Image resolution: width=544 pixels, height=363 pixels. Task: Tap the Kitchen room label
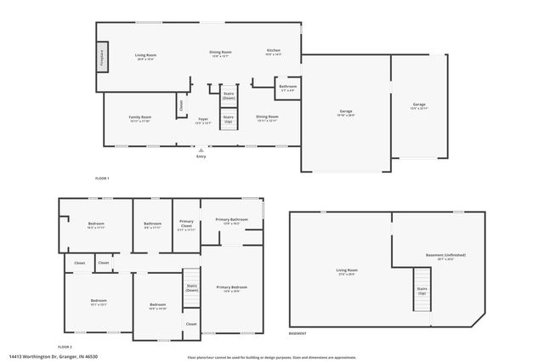273,52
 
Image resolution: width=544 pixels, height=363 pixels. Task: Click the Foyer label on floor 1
203,121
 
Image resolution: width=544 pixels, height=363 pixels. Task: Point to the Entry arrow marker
201,150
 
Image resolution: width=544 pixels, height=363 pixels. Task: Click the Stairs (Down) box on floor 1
229,96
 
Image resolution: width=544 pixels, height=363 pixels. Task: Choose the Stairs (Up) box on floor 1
228,120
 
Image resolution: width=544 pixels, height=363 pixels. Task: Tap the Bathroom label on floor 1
287,87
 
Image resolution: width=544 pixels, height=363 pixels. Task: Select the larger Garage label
346,112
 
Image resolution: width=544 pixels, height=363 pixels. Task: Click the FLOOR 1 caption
103,178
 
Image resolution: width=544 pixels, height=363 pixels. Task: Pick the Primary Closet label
186,225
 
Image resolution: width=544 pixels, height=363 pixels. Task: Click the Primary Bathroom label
231,221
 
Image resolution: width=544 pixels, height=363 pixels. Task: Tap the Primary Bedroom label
231,289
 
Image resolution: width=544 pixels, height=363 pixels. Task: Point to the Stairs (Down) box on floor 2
191,288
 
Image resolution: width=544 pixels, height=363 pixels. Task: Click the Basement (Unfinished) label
445,256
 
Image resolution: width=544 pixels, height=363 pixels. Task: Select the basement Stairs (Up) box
422,288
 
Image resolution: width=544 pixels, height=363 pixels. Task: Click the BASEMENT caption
298,334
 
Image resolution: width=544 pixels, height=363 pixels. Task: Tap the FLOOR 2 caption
65,347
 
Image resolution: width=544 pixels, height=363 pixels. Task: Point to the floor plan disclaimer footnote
272,357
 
